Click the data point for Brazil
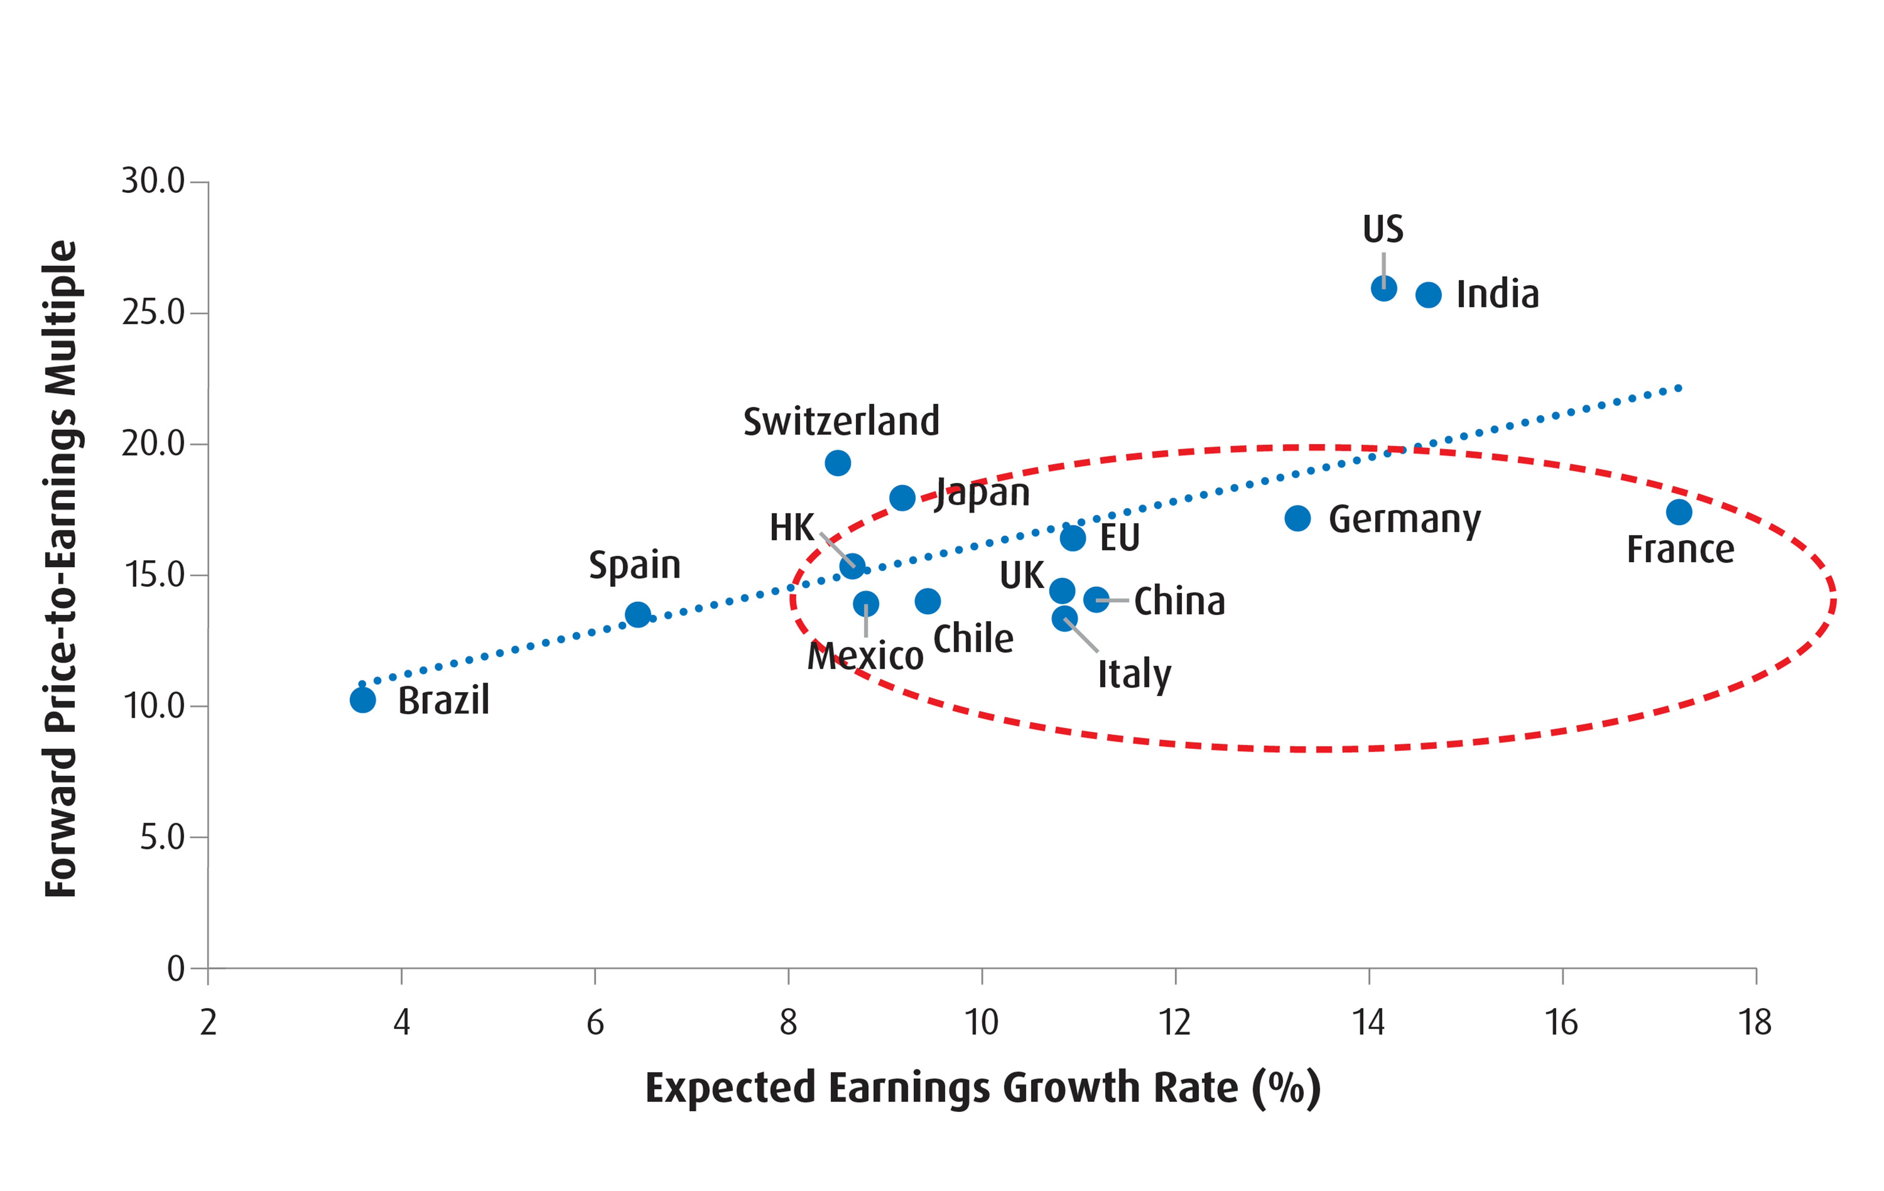pos(362,700)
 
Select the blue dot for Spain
pos(638,614)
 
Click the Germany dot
pos(1297,518)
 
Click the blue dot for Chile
pos(927,601)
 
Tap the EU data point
pos(1073,538)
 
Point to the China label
pos(1179,601)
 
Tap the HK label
pos(792,527)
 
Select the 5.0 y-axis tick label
pos(162,837)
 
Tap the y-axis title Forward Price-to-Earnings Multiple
pos(61,569)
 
